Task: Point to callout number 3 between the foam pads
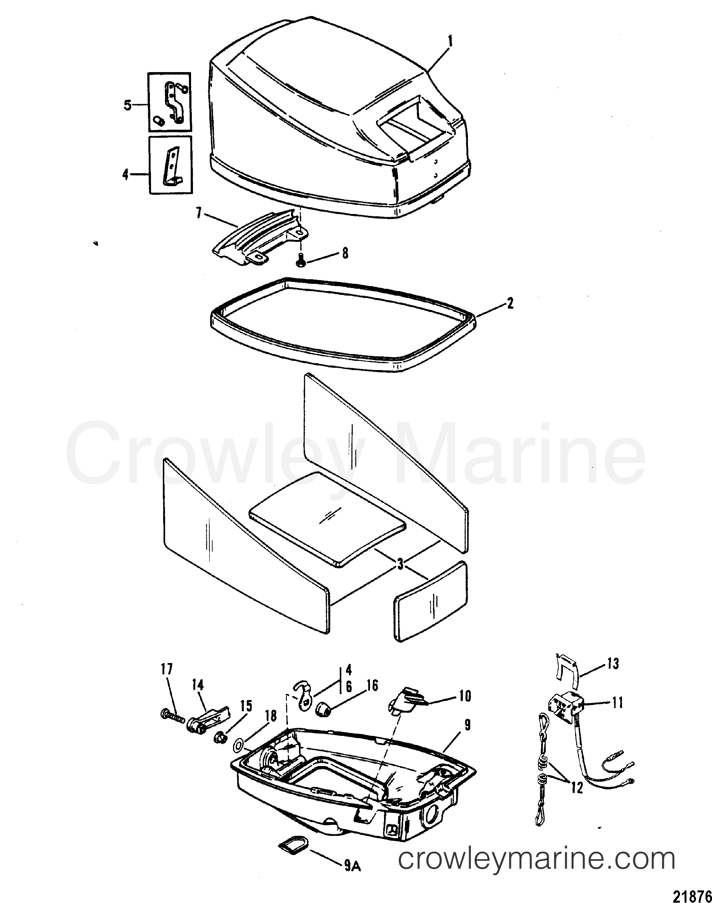tap(400, 564)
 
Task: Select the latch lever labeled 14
tap(207, 719)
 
